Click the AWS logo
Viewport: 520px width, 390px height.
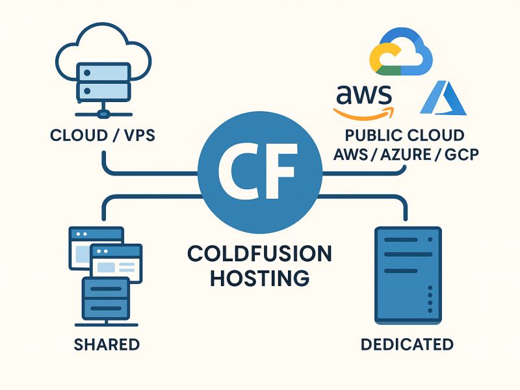(x=364, y=102)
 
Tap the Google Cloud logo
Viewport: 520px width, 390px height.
(x=401, y=52)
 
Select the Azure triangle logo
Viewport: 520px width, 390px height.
(x=443, y=98)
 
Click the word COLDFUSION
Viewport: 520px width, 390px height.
(x=259, y=253)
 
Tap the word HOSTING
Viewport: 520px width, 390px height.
(x=260, y=278)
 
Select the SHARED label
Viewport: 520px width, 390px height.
(x=107, y=344)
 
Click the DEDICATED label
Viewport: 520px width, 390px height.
(x=407, y=344)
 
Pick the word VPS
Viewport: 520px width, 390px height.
(x=140, y=135)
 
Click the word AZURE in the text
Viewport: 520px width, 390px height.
(x=406, y=155)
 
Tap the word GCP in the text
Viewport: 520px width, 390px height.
(x=461, y=155)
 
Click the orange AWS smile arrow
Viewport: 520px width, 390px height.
(x=364, y=114)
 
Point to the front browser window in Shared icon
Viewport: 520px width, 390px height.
(x=116, y=264)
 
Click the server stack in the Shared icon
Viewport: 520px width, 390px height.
(x=106, y=299)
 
